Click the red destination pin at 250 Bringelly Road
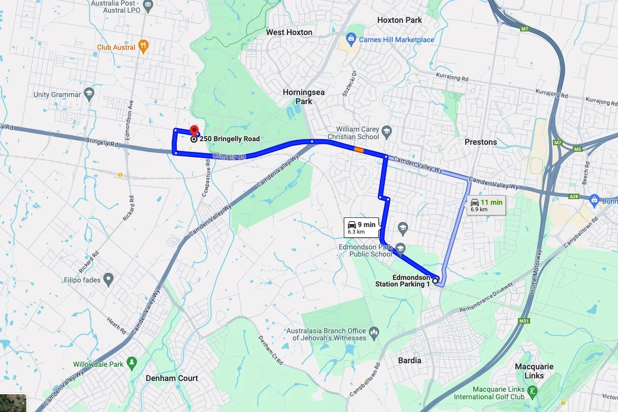tap(193, 129)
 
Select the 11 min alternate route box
tap(486, 205)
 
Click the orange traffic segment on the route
tap(359, 149)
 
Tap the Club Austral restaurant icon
tap(144, 47)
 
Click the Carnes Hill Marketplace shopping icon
tap(351, 39)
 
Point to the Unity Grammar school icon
tap(89, 94)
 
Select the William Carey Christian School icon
tap(386, 132)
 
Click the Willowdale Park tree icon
tap(132, 363)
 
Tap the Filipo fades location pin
tap(108, 279)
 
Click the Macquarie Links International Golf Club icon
tap(532, 392)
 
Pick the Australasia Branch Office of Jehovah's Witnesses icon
tap(374, 333)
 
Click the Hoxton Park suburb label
tap(400, 20)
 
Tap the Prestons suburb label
tap(480, 142)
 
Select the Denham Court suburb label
tap(172, 378)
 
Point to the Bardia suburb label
tap(409, 360)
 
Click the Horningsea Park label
tap(304, 97)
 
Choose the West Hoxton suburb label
tap(289, 32)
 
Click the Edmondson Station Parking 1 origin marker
tap(435, 280)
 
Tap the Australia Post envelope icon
tap(148, 6)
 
